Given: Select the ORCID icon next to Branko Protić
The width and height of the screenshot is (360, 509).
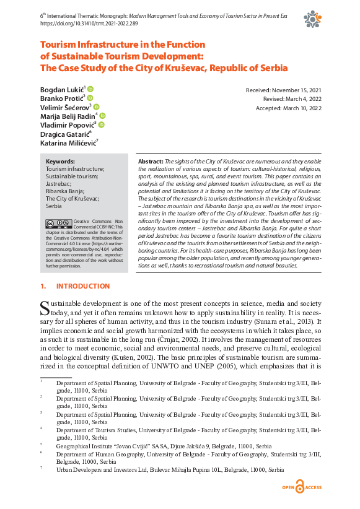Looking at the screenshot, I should pos(90,98).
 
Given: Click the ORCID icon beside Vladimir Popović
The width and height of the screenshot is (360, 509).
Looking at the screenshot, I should pos(101,124).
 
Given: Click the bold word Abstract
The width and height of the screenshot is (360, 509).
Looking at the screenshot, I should pos(149,161).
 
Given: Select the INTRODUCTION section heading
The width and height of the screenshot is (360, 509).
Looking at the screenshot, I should pos(82,287).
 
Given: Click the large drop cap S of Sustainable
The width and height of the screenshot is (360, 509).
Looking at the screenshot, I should pos(45,308).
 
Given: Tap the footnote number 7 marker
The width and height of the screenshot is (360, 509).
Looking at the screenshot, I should pos(41,468).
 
